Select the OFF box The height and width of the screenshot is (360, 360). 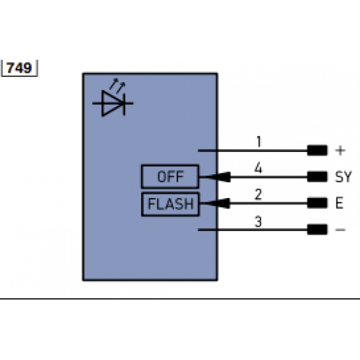(171, 176)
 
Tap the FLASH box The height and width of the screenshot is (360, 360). (171, 204)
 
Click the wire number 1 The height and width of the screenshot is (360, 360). (258, 142)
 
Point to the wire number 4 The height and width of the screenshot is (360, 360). (258, 168)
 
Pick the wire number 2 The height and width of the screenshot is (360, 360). (258, 194)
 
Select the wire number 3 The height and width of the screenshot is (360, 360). (258, 222)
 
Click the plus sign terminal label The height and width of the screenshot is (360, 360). (341, 150)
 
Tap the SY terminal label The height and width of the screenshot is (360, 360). (343, 176)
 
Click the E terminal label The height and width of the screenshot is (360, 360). (339, 204)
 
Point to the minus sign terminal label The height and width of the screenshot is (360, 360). (341, 230)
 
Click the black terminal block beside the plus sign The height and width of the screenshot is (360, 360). (317, 150)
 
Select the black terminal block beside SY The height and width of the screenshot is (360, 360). (317, 176)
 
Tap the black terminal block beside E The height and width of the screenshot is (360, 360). (317, 204)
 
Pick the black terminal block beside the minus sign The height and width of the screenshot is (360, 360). (317, 230)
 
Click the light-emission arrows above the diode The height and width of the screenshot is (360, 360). (118, 86)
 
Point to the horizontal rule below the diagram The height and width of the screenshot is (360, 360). (180, 298)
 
